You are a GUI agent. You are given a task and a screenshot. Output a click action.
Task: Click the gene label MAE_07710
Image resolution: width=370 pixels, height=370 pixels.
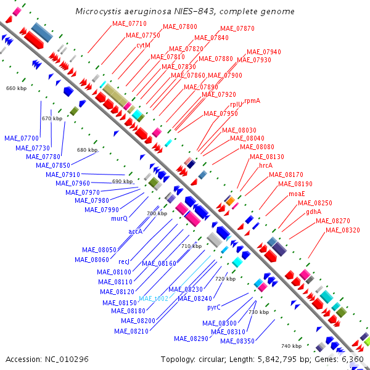129,23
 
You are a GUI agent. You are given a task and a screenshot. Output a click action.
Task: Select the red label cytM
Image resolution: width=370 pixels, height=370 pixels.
144,45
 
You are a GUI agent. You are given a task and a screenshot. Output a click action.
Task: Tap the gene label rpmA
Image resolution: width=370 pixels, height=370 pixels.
252,100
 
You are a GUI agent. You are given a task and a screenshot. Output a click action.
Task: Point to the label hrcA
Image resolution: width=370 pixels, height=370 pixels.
266,165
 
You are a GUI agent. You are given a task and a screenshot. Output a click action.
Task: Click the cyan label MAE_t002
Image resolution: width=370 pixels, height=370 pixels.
153,298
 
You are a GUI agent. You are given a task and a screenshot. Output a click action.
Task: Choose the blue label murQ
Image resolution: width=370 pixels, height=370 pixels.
119,218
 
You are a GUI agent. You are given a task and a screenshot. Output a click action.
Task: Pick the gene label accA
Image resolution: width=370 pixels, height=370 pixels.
136,231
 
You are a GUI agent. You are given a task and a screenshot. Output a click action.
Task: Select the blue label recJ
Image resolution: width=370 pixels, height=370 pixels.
124,261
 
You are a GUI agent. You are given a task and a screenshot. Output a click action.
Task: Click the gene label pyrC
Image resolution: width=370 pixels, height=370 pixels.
214,307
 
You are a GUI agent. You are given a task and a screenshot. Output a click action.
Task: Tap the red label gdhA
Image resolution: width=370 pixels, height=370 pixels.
314,212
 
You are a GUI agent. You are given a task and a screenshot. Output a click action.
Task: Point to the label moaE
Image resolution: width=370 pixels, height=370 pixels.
297,194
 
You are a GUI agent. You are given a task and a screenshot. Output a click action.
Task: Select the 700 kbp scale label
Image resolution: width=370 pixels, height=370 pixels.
157,213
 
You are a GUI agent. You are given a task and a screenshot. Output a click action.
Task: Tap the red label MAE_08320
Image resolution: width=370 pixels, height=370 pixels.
343,230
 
